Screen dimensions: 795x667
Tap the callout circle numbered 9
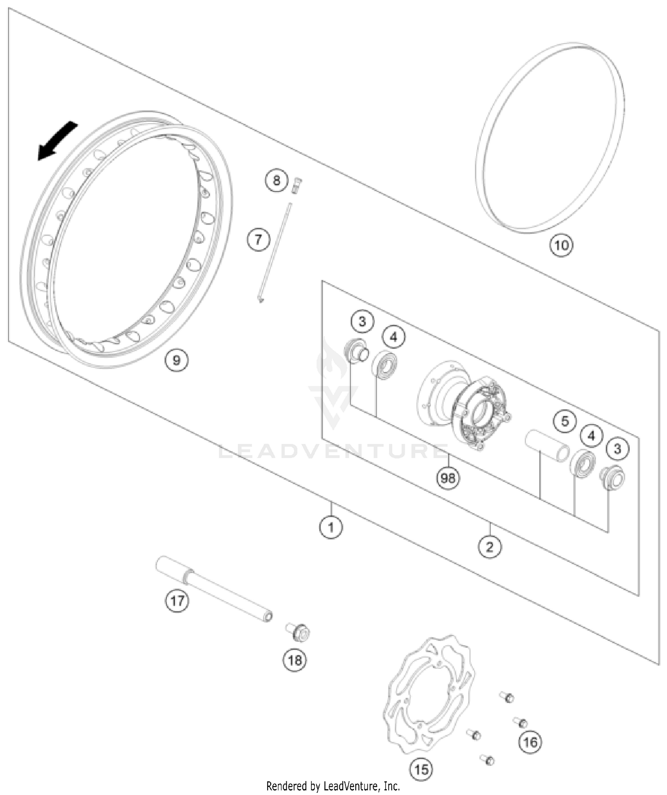[x=177, y=360]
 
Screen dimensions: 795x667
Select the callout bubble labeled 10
[x=561, y=245]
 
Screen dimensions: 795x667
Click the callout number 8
[x=277, y=180]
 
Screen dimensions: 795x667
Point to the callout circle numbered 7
[x=258, y=240]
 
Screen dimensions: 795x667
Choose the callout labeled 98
[x=448, y=478]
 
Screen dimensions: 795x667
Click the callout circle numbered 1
[x=331, y=527]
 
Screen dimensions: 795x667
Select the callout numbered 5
[x=565, y=421]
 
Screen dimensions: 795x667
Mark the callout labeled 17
[x=177, y=601]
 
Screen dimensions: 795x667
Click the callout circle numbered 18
[x=295, y=660]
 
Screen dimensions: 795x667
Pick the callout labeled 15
[x=421, y=769]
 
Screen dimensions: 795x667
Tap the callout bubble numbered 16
[x=530, y=742]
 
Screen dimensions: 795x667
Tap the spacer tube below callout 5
[x=547, y=445]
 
